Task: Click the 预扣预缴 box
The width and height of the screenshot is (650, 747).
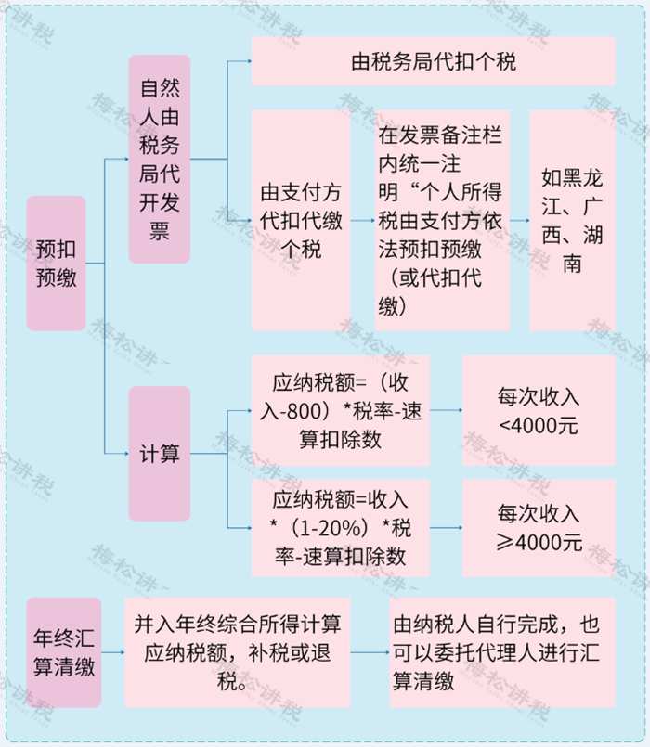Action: click(x=57, y=263)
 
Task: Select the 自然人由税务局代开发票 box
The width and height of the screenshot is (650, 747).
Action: click(x=160, y=159)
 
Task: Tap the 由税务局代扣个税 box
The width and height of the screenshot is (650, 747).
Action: click(x=433, y=61)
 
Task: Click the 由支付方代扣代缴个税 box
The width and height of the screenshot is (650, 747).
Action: click(x=301, y=221)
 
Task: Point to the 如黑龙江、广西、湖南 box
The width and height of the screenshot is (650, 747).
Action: click(x=572, y=221)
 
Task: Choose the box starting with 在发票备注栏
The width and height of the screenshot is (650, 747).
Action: click(x=442, y=221)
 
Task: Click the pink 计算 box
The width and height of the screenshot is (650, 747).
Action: click(x=160, y=454)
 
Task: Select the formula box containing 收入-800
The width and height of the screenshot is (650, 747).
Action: click(x=341, y=410)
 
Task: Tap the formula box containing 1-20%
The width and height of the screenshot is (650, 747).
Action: click(x=341, y=528)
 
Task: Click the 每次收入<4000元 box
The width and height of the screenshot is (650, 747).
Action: click(x=539, y=410)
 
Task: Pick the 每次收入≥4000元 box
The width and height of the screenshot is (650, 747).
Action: click(x=539, y=528)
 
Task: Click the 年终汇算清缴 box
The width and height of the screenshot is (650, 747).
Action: click(x=64, y=652)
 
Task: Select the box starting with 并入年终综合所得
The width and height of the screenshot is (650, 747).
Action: click(x=238, y=652)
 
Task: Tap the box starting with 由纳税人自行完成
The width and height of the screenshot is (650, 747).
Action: click(x=502, y=652)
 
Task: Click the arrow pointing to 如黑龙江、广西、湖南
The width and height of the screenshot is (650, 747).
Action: click(x=520, y=221)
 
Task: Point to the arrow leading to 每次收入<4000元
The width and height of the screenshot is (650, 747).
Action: click(x=446, y=410)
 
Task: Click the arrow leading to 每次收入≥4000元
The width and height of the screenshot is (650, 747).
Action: click(x=446, y=528)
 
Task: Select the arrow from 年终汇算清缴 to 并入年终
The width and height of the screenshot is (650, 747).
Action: click(x=113, y=652)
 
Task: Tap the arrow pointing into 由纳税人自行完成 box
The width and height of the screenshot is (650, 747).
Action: click(x=370, y=652)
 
